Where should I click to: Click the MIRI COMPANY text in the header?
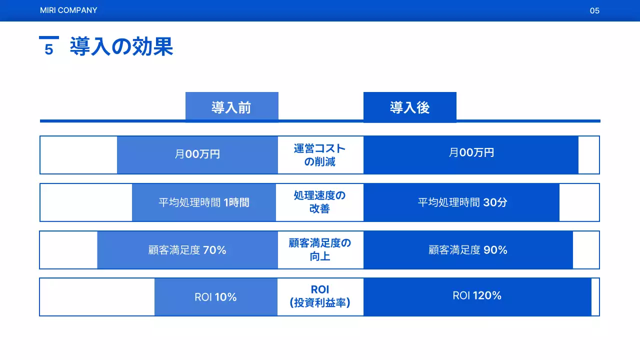coord(68,10)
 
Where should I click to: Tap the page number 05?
coord(594,10)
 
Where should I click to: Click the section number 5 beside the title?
coord(48,49)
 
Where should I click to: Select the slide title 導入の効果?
coord(121,47)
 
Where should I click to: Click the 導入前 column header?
coord(231,107)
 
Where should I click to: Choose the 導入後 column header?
coord(409,107)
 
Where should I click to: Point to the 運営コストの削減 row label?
coord(320,155)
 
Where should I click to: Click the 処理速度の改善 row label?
coord(320,202)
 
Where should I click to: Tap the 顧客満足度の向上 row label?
coord(320,249)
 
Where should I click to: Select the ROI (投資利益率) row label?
coord(320,296)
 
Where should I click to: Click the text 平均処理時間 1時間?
coord(204,202)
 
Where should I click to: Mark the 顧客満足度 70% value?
coord(187,250)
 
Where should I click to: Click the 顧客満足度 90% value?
coord(468,250)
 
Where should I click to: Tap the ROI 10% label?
coord(215,297)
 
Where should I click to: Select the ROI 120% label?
coord(477,295)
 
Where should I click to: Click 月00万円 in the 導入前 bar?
coord(197,154)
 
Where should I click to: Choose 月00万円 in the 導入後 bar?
coord(471,152)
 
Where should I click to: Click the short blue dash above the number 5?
coord(49,37)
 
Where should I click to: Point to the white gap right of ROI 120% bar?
coord(595,297)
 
